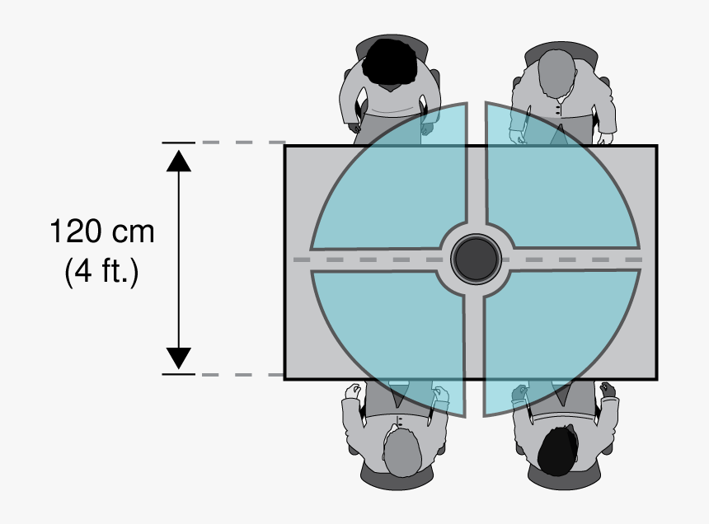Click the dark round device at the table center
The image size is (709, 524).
click(476, 259)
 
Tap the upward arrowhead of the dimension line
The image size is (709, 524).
click(179, 161)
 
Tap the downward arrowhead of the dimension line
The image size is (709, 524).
click(179, 358)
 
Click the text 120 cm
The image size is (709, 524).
click(102, 232)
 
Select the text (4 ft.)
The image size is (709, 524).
click(101, 272)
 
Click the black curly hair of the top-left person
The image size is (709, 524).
click(390, 62)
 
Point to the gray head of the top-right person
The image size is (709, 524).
click(557, 73)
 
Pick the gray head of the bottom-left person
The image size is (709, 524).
click(402, 452)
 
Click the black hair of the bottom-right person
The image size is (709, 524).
click(558, 450)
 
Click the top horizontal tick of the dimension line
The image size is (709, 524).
click(179, 143)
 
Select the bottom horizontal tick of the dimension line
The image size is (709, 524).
click(179, 375)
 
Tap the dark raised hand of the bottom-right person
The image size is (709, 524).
click(608, 390)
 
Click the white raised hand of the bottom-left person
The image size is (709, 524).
click(353, 391)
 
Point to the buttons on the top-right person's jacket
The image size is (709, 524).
click(557, 110)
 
